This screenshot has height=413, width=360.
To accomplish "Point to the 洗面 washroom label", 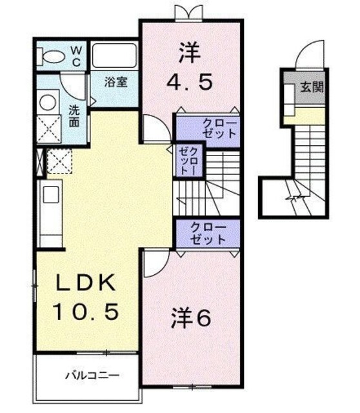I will coord(74,114).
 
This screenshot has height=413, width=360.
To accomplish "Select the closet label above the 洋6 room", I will coord(208,233).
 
